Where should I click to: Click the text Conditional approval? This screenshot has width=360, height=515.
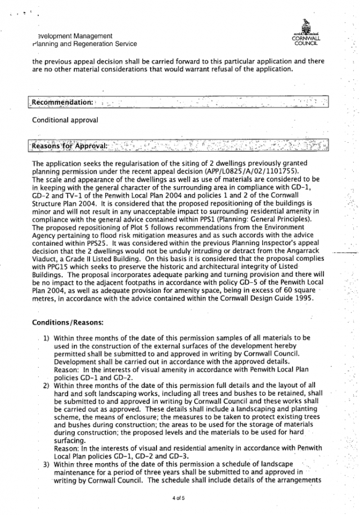click(65, 120)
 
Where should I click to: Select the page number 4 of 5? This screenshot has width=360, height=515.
click(179, 498)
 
